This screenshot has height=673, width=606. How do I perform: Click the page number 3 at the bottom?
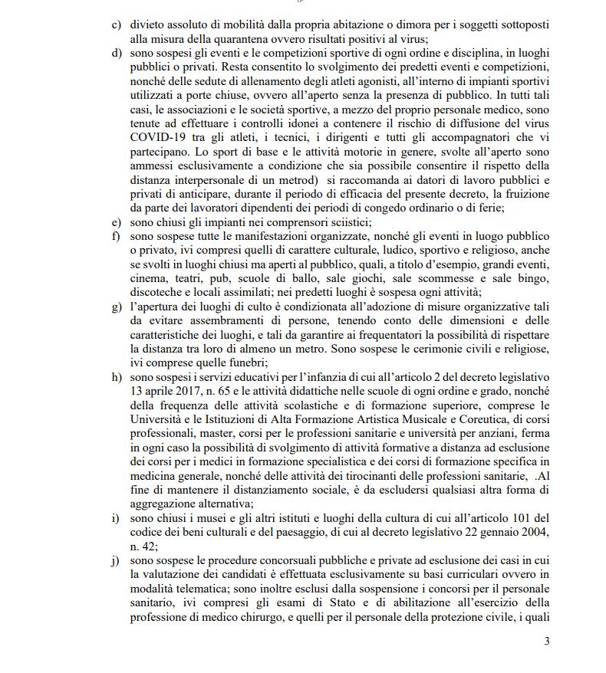click(x=547, y=642)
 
